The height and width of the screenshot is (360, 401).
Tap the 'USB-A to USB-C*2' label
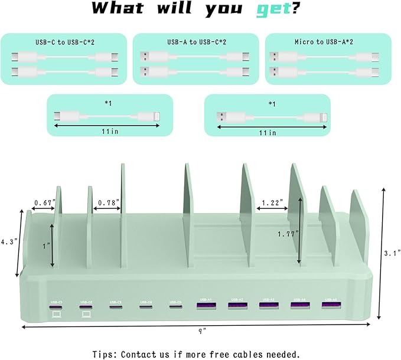click(x=195, y=42)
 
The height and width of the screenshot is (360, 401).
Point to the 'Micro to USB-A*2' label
click(x=328, y=42)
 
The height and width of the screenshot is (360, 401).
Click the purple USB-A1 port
click(x=206, y=306)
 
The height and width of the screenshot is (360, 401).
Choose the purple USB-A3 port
click(x=268, y=305)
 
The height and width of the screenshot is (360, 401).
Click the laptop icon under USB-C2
click(x=86, y=316)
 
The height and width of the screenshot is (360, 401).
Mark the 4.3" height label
click(x=8, y=241)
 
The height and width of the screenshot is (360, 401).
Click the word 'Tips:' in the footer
click(x=105, y=354)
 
